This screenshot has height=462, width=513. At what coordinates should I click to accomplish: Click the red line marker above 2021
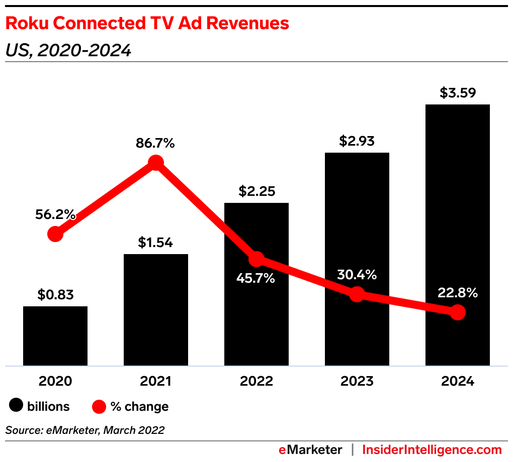pyautogui.click(x=156, y=163)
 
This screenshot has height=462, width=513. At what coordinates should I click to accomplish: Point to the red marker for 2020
pyautogui.click(x=55, y=234)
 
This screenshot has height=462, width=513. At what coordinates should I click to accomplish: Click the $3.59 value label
pyautogui.click(x=458, y=93)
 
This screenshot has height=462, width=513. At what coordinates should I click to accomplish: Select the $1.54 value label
pyautogui.click(x=156, y=243)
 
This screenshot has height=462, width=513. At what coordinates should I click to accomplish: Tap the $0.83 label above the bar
pyautogui.click(x=55, y=295)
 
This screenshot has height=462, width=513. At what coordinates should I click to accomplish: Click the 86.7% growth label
pyautogui.click(x=155, y=143)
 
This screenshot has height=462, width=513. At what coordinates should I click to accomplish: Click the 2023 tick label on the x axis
pyautogui.click(x=357, y=381)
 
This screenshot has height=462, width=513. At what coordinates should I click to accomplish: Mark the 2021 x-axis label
pyautogui.click(x=156, y=381)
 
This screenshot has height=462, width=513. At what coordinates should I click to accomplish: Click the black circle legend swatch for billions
pyautogui.click(x=17, y=406)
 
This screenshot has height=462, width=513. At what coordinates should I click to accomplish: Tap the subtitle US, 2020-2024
pyautogui.click(x=68, y=50)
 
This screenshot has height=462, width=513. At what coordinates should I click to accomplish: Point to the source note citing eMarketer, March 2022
pyautogui.click(x=85, y=430)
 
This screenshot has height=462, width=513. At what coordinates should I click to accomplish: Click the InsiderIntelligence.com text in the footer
pyautogui.click(x=432, y=449)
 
